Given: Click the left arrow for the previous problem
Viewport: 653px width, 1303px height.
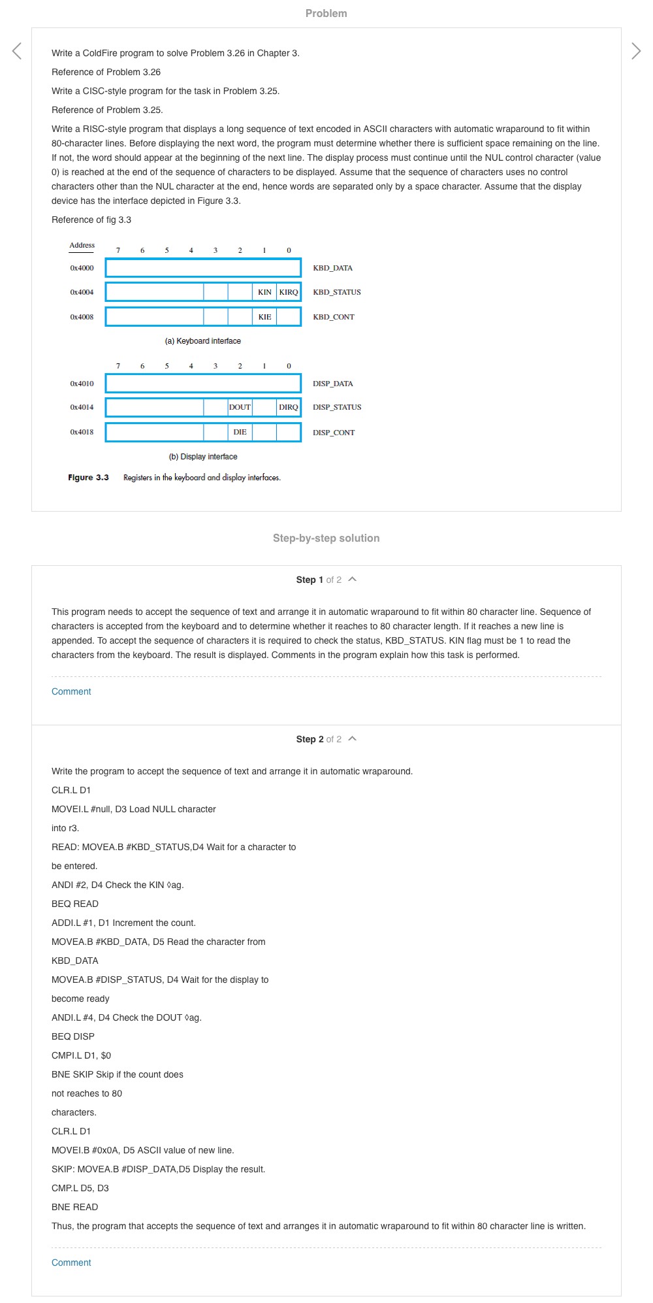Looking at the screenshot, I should pos(17,51).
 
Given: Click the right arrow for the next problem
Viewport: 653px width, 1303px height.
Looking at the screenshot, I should pos(636,51).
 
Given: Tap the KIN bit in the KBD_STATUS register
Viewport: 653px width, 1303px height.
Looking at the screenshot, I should pos(264,292).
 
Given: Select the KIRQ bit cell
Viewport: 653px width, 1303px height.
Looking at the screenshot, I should pos(289,292).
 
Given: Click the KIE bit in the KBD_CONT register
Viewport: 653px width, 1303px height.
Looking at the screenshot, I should pos(264,317).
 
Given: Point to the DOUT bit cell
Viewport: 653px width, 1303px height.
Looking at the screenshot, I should pos(240,407).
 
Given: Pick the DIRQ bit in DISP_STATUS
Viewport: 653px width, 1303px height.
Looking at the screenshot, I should pos(289,407).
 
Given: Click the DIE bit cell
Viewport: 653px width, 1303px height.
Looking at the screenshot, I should pos(240,432).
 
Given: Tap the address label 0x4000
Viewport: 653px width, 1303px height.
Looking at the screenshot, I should pos(82,268).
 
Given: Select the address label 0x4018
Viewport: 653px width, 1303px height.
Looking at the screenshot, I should pos(82,432).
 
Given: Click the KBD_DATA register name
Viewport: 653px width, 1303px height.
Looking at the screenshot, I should pos(332,268).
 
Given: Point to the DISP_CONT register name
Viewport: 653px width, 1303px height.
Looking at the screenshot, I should pos(334,433).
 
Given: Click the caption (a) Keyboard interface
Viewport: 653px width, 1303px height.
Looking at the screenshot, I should pos(203,341).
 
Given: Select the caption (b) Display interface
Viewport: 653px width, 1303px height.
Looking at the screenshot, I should pos(203,457).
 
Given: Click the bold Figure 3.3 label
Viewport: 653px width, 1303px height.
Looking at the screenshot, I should pos(88,478).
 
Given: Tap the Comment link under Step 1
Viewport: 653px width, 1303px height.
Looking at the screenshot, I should pos(71,691).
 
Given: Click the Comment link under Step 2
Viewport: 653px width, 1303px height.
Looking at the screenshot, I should pos(71,1262).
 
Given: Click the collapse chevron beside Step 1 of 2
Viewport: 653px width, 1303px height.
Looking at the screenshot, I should pos(353,579).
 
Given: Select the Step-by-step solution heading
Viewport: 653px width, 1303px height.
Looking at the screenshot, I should pos(326,538).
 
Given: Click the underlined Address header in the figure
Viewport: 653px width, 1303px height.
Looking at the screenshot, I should pos(82,246).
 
